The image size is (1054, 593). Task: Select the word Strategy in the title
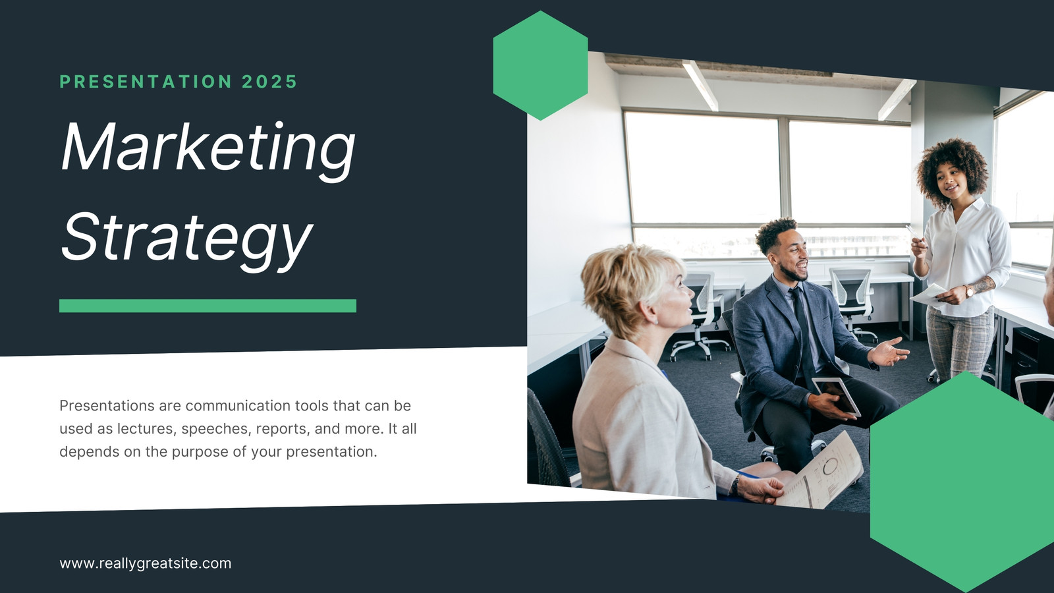(x=187, y=240)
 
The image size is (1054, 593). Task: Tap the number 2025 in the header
(x=269, y=82)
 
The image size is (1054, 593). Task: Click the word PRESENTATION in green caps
(x=146, y=82)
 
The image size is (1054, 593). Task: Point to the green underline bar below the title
(x=208, y=306)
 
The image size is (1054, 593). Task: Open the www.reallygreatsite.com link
(x=146, y=563)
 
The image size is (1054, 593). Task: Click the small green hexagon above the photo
(x=540, y=65)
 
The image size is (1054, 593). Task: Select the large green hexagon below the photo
(x=962, y=482)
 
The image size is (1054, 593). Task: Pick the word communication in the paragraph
(x=238, y=406)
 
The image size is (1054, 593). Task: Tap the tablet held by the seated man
(x=837, y=396)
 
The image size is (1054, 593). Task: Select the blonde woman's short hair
(x=626, y=288)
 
